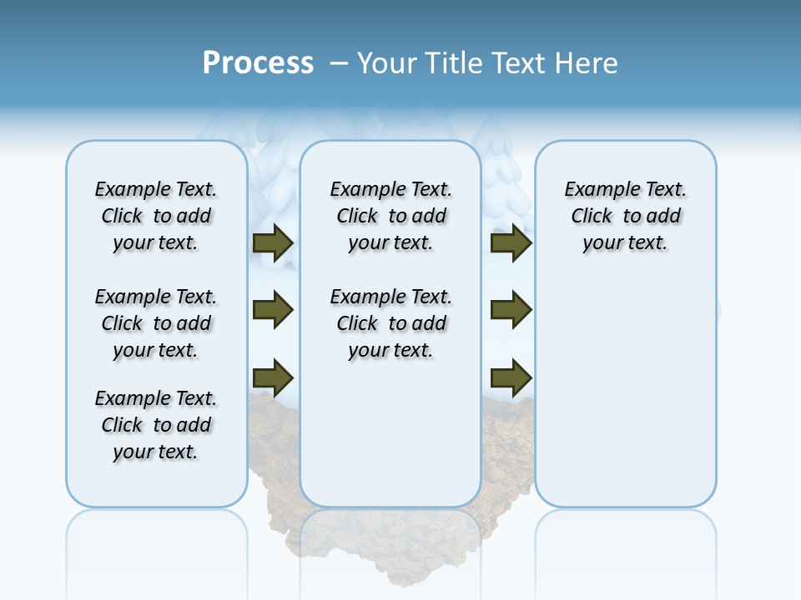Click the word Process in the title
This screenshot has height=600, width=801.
258,63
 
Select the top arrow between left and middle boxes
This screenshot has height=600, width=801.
273,243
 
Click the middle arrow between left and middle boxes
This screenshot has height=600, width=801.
273,310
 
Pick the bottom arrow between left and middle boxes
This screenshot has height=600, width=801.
273,378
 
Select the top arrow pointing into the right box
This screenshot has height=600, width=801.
511,243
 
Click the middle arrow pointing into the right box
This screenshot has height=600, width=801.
511,310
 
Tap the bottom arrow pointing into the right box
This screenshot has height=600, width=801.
511,378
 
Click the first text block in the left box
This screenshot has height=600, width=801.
156,216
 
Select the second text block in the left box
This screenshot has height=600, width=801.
156,323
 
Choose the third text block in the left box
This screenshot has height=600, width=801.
156,425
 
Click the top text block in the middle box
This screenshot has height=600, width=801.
390,216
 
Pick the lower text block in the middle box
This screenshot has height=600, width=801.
390,323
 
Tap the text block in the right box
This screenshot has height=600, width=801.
625,216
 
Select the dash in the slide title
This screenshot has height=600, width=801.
339,63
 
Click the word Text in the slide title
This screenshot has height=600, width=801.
516,63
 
